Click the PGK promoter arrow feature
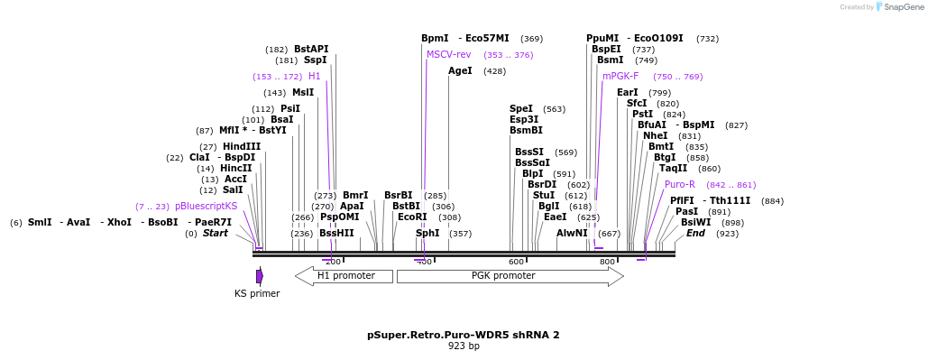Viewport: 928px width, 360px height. pos(510,276)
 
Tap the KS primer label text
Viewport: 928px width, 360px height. pos(257,293)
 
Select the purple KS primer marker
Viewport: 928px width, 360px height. pos(260,276)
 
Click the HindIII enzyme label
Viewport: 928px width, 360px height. pos(242,147)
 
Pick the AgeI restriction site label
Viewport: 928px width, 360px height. pos(460,70)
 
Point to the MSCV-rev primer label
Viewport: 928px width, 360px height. pos(448,55)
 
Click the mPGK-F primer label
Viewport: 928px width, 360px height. pos(620,77)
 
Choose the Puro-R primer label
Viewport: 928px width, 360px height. pos(680,185)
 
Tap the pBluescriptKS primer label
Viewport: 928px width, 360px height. pos(206,207)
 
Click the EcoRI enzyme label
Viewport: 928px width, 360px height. pos(412,217)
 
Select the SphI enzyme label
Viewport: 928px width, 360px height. pos(427,234)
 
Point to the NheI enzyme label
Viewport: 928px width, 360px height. pos(655,136)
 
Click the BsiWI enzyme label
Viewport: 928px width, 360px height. pos(695,223)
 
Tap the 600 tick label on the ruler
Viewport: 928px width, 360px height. pos(516,262)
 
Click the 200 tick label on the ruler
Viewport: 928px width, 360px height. pos(333,262)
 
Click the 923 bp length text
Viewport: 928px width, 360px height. pos(464,346)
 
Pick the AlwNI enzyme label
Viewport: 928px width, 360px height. pos(572,234)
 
